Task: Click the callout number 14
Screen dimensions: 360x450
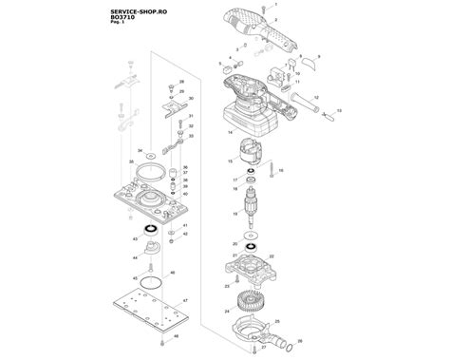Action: click(x=230, y=134)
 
